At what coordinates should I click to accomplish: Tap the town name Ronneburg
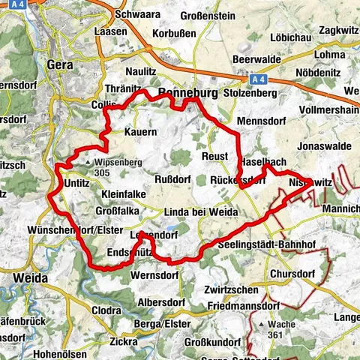pyautogui.click(x=187, y=94)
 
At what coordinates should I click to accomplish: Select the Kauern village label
pyautogui.click(x=140, y=132)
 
